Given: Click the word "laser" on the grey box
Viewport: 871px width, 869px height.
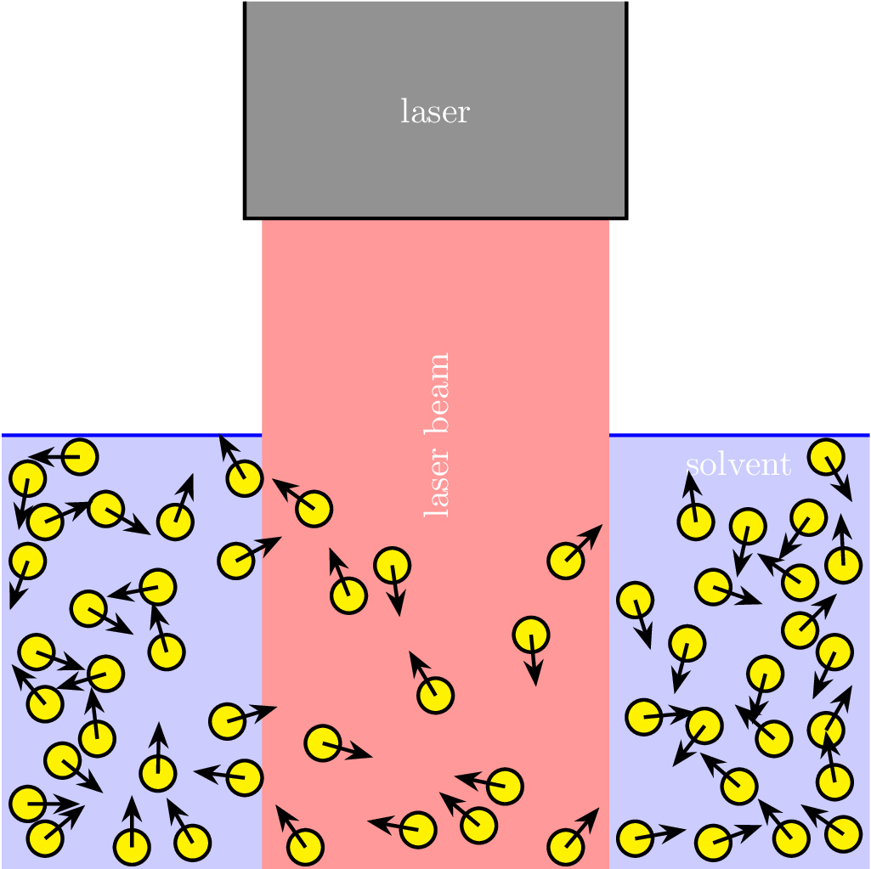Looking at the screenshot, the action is tap(435, 111).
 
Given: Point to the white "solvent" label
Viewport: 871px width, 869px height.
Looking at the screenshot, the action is tap(738, 464).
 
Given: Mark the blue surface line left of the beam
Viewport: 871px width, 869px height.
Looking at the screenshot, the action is tap(132, 435).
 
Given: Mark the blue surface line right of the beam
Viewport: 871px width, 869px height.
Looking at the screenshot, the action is tap(739, 435).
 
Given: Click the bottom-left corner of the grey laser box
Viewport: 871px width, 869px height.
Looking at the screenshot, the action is tap(245, 218).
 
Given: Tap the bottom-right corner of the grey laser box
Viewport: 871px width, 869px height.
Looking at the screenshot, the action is tap(626, 218).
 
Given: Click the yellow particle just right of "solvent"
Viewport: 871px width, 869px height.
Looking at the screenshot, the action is tap(827, 457).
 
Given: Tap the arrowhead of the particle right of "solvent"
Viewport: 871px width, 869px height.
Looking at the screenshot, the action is tap(846, 492).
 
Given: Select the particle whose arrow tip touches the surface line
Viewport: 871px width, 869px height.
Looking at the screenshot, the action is tap(245, 478).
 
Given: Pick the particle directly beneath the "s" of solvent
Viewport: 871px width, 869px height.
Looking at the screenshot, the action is tap(695, 522).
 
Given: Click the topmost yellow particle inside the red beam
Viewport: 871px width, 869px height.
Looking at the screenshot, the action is tap(314, 508).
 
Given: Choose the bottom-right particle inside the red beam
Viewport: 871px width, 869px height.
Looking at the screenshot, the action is tap(566, 847).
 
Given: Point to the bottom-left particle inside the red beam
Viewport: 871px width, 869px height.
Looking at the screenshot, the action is tap(305, 847).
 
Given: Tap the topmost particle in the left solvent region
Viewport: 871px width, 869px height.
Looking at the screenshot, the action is tap(80, 457).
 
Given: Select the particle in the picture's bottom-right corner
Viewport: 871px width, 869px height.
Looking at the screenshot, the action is tap(844, 833).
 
